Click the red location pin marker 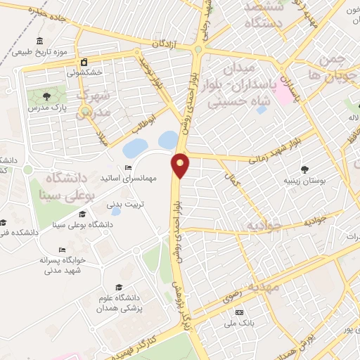(x=181, y=164)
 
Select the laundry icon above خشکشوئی (x=84, y=62)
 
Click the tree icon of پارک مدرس (x=46, y=96)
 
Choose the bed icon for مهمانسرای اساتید (x=127, y=167)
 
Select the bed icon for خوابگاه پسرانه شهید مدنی (x=62, y=250)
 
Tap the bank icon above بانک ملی (x=239, y=311)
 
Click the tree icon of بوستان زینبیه (x=304, y=169)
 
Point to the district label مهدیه (x=265, y=286)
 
